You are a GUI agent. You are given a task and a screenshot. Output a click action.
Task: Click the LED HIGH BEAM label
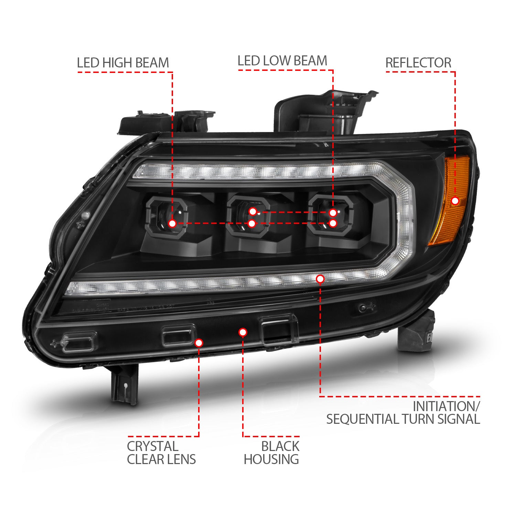coord(123,63)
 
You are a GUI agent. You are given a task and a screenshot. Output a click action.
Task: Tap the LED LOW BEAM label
coord(282,61)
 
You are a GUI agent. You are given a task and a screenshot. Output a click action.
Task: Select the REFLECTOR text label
coord(418,63)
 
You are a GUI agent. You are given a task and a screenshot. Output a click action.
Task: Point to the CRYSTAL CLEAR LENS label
coord(161,453)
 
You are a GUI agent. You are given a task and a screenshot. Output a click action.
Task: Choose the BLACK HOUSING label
coord(271,453)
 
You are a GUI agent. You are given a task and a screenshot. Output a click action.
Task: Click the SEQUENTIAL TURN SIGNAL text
coord(403,419)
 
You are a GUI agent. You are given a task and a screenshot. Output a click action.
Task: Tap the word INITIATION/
coord(446,406)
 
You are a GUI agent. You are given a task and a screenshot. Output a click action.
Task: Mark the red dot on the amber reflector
coord(455,201)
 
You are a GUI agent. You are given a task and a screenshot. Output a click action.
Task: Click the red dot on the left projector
coord(173,224)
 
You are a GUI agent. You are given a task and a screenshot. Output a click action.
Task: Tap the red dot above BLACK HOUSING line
coord(243,332)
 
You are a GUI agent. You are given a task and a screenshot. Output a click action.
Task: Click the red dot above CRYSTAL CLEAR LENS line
coord(199,343)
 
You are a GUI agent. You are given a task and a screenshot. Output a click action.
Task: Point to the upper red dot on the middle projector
coord(253,211)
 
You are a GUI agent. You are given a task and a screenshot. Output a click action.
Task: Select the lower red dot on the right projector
coord(333,223)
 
